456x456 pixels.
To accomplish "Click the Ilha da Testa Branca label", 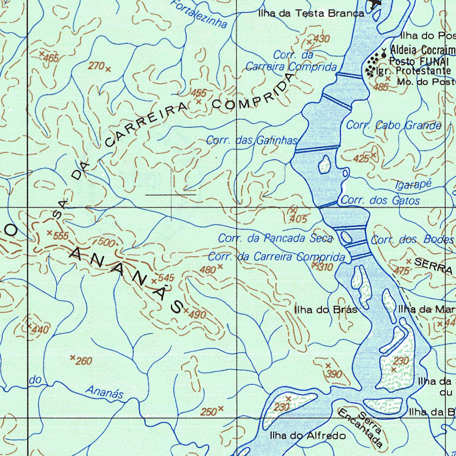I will [311, 13].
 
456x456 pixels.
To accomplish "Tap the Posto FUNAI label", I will [419, 61].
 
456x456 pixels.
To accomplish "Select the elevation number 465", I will [52, 58].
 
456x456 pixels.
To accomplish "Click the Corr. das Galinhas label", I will [251, 141].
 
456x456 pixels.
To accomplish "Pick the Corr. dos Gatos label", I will [380, 200].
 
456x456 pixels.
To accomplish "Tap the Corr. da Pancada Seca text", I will [275, 238].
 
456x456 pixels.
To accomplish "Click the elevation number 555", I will [61, 236].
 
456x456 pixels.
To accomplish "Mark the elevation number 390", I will [334, 374].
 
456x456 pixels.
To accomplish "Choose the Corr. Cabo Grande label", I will [394, 126].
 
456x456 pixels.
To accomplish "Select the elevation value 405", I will [298, 219].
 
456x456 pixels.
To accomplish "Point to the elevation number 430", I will [321, 39].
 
